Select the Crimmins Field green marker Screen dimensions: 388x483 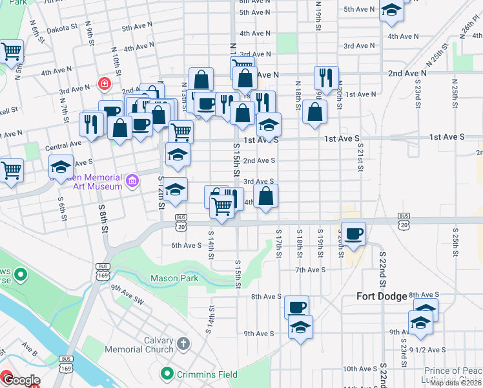point(167,374)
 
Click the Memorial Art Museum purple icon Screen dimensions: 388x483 point(133,180)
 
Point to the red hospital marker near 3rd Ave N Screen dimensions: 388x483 point(103,83)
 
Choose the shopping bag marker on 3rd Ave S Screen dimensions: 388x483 point(266,196)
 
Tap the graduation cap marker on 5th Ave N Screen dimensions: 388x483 point(391,10)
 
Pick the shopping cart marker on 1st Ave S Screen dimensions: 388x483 point(181,131)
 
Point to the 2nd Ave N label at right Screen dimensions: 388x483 point(407,74)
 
